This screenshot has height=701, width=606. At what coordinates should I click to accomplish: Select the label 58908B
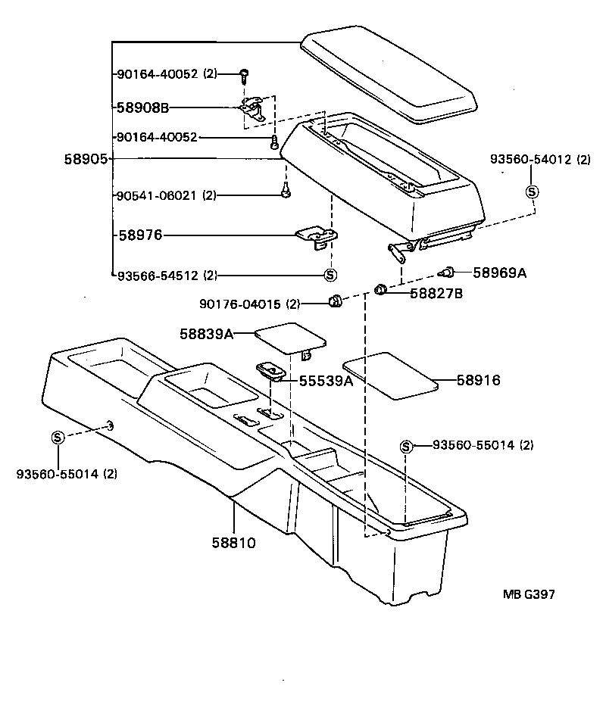(x=142, y=107)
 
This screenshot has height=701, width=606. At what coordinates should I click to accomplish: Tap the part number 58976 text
(x=140, y=235)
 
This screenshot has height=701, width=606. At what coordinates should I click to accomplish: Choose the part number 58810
(x=234, y=542)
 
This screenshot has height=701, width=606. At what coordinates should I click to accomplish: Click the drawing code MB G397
(x=528, y=594)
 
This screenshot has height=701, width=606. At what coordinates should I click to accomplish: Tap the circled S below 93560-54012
(x=532, y=192)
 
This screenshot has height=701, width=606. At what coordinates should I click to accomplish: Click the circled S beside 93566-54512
(x=330, y=275)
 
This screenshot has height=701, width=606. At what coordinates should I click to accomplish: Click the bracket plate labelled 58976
(x=317, y=236)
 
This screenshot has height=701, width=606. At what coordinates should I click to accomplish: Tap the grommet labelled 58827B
(x=382, y=289)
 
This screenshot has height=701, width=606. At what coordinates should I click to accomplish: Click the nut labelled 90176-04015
(x=334, y=303)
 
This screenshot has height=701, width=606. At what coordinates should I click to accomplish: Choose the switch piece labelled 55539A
(x=272, y=370)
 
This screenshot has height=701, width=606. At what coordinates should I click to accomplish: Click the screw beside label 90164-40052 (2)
(x=245, y=74)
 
